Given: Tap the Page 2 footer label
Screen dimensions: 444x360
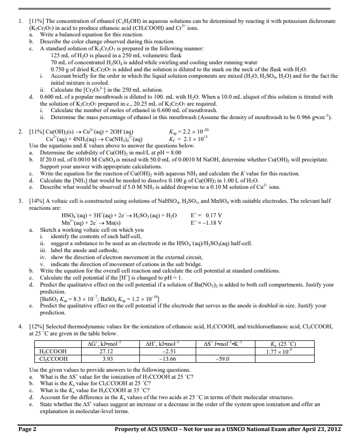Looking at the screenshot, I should (x=27, y=429).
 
